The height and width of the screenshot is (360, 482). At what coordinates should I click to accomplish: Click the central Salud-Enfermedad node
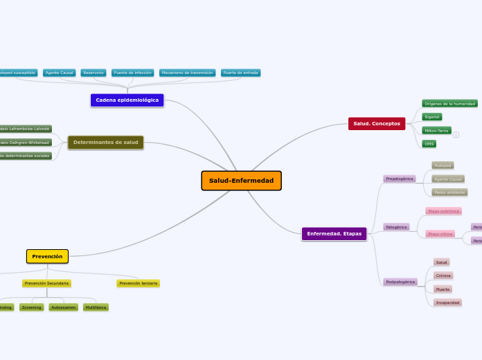click(241, 181)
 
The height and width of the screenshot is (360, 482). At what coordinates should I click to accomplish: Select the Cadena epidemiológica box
click(127, 100)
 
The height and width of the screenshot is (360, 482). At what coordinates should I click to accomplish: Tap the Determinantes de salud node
click(106, 143)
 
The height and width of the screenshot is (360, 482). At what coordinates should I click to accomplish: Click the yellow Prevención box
click(47, 256)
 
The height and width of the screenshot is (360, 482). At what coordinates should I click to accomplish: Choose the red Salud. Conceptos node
click(377, 123)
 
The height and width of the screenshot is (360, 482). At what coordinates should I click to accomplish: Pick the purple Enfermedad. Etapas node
click(334, 234)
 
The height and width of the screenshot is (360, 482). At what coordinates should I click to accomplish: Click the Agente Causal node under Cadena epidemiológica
click(59, 73)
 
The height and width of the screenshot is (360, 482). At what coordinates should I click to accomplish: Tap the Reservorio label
click(93, 73)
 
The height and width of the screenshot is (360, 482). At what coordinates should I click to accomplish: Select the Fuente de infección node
click(132, 73)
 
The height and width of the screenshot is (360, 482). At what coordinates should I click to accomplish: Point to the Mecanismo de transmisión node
click(187, 73)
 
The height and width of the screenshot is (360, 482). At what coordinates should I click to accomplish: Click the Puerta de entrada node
click(240, 73)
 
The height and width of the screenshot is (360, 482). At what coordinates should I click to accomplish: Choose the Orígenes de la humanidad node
click(449, 104)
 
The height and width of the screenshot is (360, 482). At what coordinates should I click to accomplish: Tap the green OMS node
click(429, 144)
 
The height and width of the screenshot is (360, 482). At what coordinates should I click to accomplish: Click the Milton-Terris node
click(436, 130)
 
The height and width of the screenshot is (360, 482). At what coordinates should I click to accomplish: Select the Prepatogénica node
click(400, 179)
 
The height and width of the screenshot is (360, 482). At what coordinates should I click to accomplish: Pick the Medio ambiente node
click(449, 192)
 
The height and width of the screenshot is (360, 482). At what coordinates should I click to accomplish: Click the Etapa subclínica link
click(443, 211)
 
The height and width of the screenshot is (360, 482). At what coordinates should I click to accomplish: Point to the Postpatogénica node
click(400, 282)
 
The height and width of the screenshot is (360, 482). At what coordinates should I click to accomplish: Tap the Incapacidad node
click(447, 303)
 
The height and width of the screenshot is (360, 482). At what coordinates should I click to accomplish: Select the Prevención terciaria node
click(138, 283)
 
